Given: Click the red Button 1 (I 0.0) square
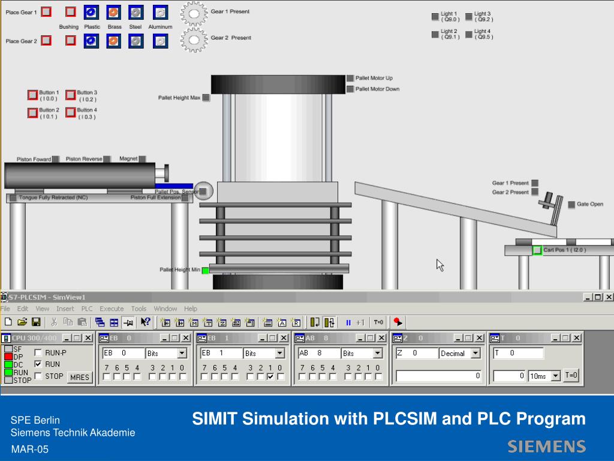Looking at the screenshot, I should click(32, 95).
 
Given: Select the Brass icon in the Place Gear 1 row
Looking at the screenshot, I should click(113, 12).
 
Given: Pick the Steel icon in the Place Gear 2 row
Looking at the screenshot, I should click(136, 41).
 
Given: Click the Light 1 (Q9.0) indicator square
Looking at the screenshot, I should click(435, 17).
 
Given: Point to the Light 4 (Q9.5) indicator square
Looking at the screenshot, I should click(469, 34).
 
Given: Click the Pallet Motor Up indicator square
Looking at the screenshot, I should click(350, 78).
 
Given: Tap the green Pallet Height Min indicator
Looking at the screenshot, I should click(205, 270).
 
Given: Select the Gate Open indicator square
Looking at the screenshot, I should click(571, 205).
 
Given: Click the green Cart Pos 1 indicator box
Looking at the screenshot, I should click(537, 250).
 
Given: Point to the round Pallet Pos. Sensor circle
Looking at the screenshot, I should click(203, 191).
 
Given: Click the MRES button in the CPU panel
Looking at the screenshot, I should click(79, 378).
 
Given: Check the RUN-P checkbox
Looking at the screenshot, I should click(38, 353).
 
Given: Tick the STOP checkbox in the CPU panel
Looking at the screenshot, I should click(38, 376).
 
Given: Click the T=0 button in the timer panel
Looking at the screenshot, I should click(571, 376).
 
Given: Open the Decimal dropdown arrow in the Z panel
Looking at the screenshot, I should click(475, 354).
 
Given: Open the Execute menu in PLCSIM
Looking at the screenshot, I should click(112, 309).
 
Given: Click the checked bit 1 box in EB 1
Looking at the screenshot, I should click(270, 377).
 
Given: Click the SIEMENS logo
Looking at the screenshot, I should click(546, 446).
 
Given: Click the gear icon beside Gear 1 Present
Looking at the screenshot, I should click(194, 13).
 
